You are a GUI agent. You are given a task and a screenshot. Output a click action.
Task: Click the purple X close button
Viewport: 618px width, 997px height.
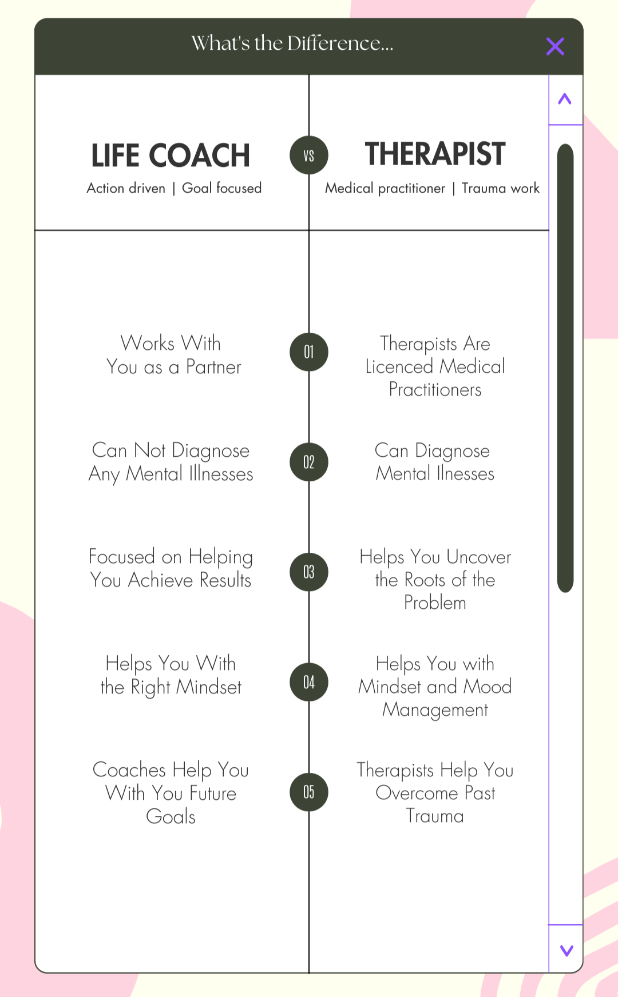click(555, 46)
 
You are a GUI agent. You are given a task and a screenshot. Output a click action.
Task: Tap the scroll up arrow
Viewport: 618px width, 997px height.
click(565, 99)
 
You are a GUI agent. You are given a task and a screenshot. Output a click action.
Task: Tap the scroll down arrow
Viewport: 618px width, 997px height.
click(566, 950)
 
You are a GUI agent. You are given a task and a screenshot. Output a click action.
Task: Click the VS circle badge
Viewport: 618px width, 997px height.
click(309, 155)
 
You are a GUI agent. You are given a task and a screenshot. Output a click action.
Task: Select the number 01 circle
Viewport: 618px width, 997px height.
click(309, 352)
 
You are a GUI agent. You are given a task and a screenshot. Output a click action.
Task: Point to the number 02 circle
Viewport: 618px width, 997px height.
click(309, 462)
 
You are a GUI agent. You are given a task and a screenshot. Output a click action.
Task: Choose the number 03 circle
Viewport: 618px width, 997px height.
click(309, 572)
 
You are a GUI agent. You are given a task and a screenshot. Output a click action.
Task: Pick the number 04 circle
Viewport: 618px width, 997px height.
click(309, 682)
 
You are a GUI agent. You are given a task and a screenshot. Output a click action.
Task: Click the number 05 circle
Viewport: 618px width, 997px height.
click(309, 792)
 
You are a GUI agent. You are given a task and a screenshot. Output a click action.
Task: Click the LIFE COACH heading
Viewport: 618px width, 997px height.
click(171, 155)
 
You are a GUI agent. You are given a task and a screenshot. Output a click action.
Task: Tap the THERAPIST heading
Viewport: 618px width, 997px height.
click(435, 154)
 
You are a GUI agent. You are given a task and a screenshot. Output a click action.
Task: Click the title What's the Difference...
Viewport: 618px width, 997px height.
click(292, 43)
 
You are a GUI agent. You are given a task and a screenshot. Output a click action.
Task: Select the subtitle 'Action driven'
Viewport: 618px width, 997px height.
click(126, 188)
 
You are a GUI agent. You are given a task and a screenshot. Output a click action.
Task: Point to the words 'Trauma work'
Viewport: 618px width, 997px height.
click(501, 188)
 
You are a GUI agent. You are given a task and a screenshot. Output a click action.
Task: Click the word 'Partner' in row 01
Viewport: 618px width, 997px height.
click(213, 367)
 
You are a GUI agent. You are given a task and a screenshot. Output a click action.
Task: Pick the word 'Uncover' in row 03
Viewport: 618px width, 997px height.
click(478, 557)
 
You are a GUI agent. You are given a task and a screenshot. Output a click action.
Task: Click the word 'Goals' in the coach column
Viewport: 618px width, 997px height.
click(171, 816)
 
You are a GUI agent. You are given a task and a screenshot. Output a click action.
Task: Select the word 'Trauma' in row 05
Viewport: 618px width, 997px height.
click(435, 816)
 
